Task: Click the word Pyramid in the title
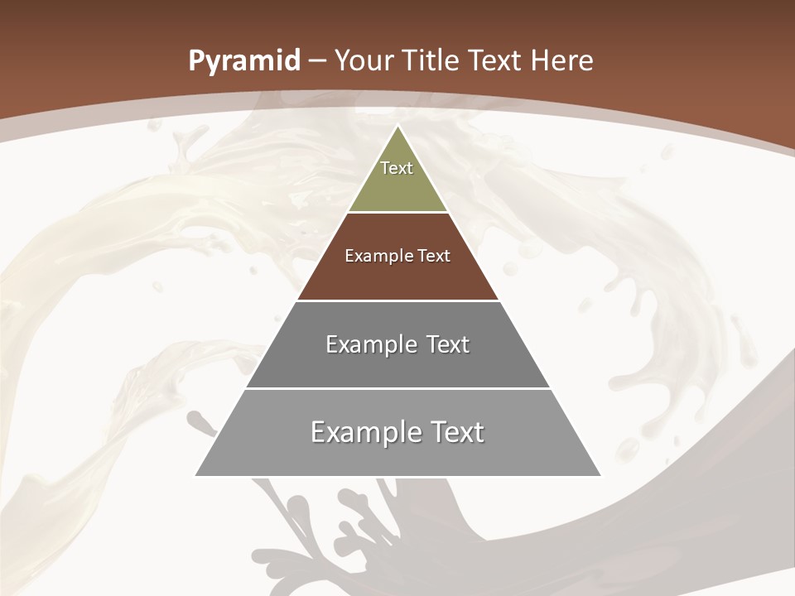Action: [x=244, y=61]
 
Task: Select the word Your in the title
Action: [x=363, y=61]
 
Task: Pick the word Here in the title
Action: [x=562, y=61]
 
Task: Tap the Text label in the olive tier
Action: [x=397, y=168]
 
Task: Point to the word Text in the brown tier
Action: [x=434, y=256]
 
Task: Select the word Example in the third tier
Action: [x=369, y=344]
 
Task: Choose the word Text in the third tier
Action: [x=448, y=344]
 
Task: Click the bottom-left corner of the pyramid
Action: [x=196, y=475]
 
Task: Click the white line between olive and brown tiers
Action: [x=397, y=213]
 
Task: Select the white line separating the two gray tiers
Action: [x=397, y=388]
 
